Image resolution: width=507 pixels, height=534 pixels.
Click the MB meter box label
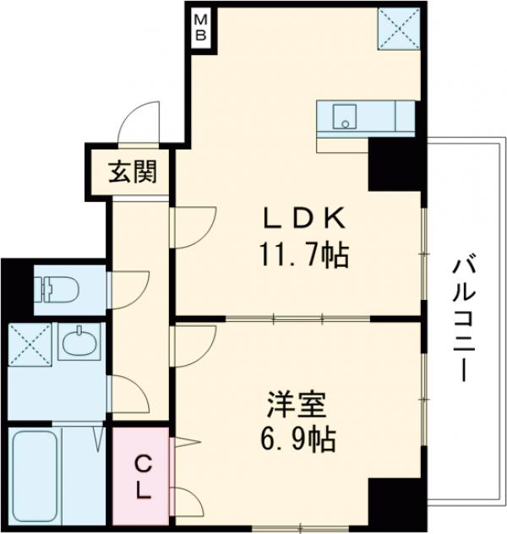coord(203,27)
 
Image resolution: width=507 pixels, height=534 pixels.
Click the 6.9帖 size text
coord(296,439)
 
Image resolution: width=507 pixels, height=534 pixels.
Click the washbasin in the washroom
coord(81,344)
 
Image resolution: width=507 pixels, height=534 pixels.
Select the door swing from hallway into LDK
coord(193,226)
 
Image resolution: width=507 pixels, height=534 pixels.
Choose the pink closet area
coord(143,477)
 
